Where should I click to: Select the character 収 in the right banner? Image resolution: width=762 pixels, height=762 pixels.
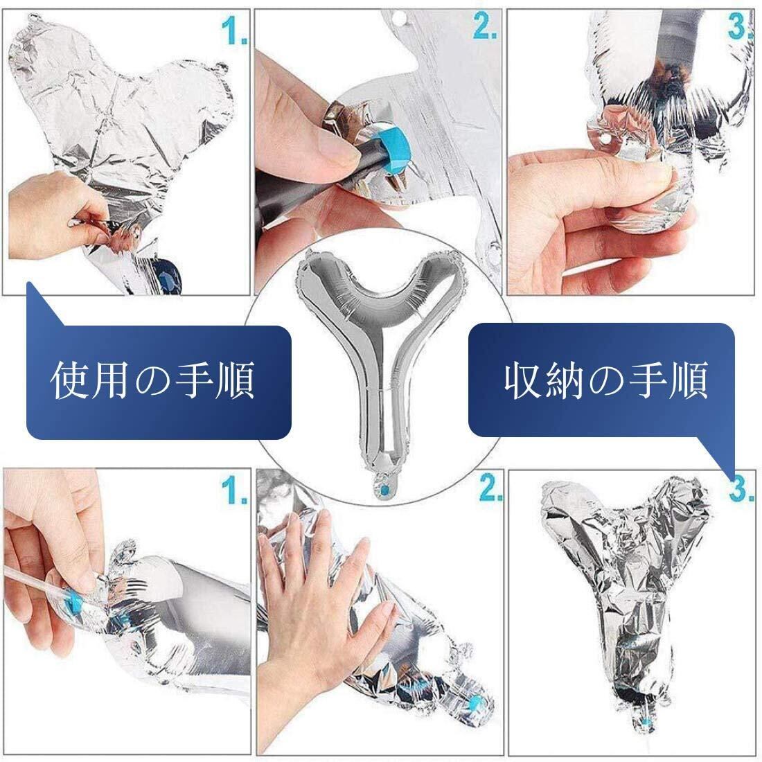pos(524,380)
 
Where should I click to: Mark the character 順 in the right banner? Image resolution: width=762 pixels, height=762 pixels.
pos(688,380)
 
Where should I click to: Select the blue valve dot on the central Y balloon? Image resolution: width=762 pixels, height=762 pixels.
pos(385,488)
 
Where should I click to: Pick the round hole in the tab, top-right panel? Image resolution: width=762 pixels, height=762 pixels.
pos(605,139)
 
